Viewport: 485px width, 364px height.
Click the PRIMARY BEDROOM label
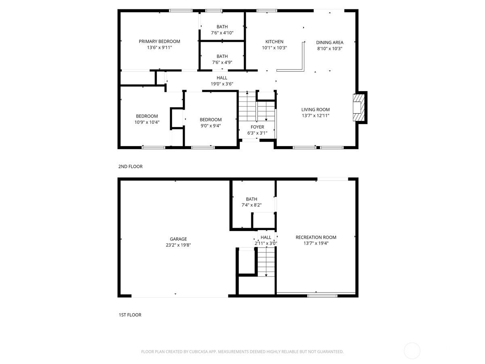tap(159, 41)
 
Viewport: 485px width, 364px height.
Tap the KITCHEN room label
tap(274, 42)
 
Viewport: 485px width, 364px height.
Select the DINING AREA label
tap(330, 42)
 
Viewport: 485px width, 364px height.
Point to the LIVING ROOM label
tap(316, 109)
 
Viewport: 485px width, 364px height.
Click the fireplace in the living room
tap(357, 108)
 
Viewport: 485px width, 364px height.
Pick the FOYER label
tap(257, 127)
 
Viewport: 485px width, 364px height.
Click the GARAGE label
tap(178, 239)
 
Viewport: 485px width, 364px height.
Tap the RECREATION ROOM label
tap(316, 237)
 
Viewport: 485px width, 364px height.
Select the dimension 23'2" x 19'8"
tap(178, 245)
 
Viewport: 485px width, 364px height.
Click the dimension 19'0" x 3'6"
tap(222, 84)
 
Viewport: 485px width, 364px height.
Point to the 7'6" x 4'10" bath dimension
tap(222, 33)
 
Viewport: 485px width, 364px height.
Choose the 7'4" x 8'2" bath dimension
tap(251, 205)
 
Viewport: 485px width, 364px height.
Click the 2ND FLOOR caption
tap(131, 166)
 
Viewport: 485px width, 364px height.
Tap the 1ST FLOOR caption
tap(130, 315)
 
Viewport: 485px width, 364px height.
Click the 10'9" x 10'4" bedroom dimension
tap(147, 122)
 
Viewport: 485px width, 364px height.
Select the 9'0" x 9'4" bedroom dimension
tap(211, 125)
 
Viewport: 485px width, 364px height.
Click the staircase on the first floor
tap(266, 262)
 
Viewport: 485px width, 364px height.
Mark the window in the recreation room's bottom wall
tap(323, 296)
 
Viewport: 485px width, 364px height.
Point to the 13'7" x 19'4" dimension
tap(316, 243)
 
